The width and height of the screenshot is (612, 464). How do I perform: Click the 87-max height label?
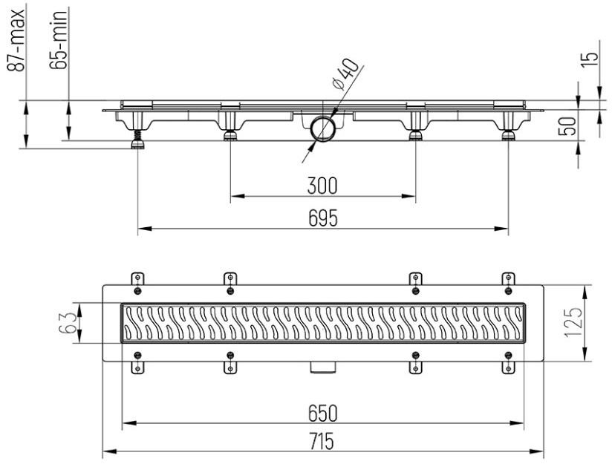point(17,41)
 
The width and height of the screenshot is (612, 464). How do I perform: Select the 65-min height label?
point(59,40)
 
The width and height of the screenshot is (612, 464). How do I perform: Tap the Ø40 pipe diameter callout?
point(344,74)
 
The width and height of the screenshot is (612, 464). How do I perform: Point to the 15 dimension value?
point(590,59)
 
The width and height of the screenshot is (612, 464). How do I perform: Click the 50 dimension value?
point(568,126)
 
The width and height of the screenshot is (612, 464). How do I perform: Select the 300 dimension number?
point(322,186)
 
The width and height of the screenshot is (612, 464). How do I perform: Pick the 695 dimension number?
point(323,218)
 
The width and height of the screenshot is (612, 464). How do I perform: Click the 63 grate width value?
point(67,323)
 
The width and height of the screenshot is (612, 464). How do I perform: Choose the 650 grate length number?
point(323,414)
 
